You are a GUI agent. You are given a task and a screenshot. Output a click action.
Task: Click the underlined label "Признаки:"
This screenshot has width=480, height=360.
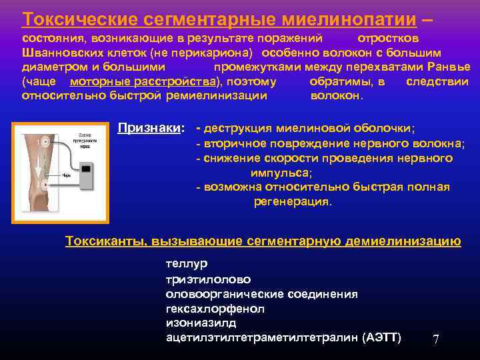151,128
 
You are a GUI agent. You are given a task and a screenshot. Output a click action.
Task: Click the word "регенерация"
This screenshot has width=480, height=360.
292,201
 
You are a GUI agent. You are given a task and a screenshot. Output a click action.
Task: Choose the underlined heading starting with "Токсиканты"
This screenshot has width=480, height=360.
263,241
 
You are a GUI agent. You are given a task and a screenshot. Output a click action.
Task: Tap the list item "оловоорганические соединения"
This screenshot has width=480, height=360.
261,294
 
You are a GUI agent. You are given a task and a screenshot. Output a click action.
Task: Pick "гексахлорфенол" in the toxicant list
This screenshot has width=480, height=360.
215,309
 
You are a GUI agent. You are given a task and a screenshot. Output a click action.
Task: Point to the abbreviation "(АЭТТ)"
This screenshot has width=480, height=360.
382,338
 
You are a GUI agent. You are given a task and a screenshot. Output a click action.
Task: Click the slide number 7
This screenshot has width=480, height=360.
436,339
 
